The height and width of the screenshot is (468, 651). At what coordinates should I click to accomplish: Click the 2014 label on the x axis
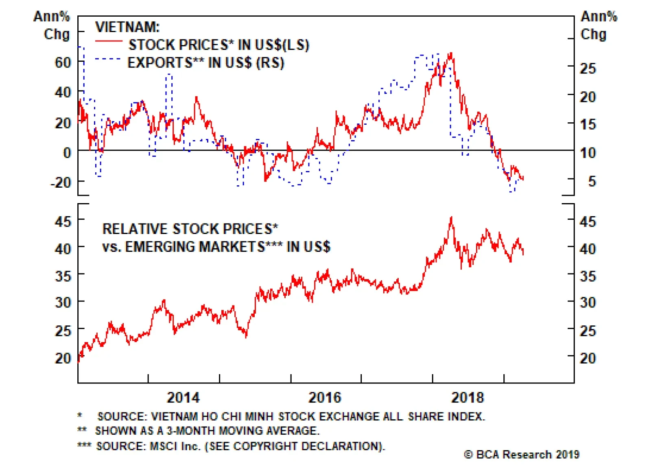tap(183, 397)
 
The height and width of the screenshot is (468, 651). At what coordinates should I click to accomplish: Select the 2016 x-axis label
tap(325, 397)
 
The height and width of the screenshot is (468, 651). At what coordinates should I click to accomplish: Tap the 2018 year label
tap(467, 397)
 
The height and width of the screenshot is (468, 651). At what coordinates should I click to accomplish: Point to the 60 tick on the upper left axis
tap(63, 63)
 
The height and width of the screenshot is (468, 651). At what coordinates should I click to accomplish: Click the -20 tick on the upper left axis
tap(61, 182)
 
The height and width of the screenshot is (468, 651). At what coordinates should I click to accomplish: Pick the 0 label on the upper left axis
tap(67, 153)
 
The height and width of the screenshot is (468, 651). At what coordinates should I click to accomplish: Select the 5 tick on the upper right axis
tap(592, 181)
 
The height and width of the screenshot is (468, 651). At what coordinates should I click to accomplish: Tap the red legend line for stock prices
tap(108, 41)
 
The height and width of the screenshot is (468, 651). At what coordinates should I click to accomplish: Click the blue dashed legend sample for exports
tap(108, 59)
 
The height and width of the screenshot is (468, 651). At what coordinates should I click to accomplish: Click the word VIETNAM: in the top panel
tap(127, 27)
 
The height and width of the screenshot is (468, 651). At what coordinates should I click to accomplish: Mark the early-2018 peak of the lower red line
tap(451, 218)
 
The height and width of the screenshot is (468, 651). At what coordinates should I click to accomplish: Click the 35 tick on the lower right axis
tap(588, 276)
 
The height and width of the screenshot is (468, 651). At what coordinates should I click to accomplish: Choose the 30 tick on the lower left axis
tap(63, 302)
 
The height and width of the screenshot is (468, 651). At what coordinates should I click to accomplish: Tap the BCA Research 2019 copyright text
tap(522, 455)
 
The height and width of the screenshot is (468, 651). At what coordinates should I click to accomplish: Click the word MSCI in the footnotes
tap(164, 446)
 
